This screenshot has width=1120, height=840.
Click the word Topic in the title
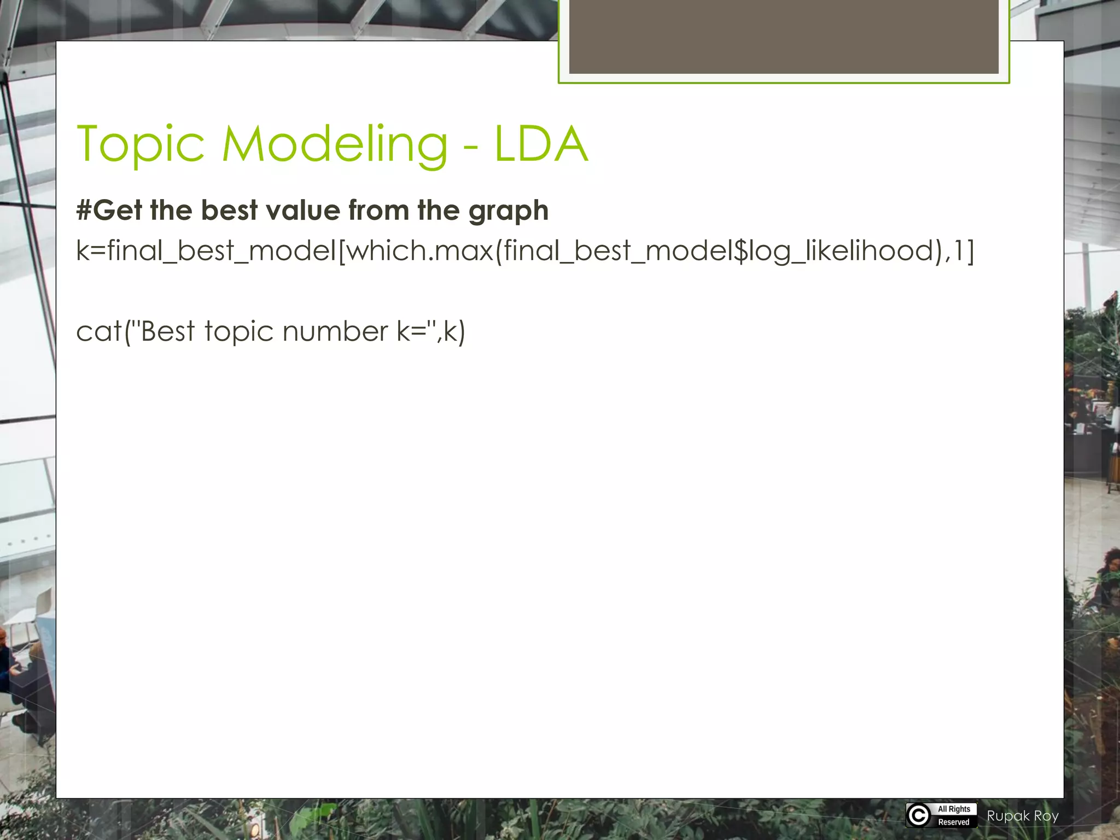[x=141, y=144]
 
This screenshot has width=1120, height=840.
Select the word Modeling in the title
[x=334, y=144]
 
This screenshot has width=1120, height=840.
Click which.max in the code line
[x=420, y=250]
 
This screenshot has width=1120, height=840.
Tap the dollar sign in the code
[x=742, y=250]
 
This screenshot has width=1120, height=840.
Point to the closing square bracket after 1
[x=970, y=252]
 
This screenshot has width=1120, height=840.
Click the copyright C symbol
[x=919, y=815]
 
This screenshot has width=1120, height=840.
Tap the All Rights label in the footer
[x=954, y=809]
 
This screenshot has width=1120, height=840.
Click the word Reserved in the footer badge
[x=954, y=822]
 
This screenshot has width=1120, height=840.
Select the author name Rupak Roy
[x=1023, y=816]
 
